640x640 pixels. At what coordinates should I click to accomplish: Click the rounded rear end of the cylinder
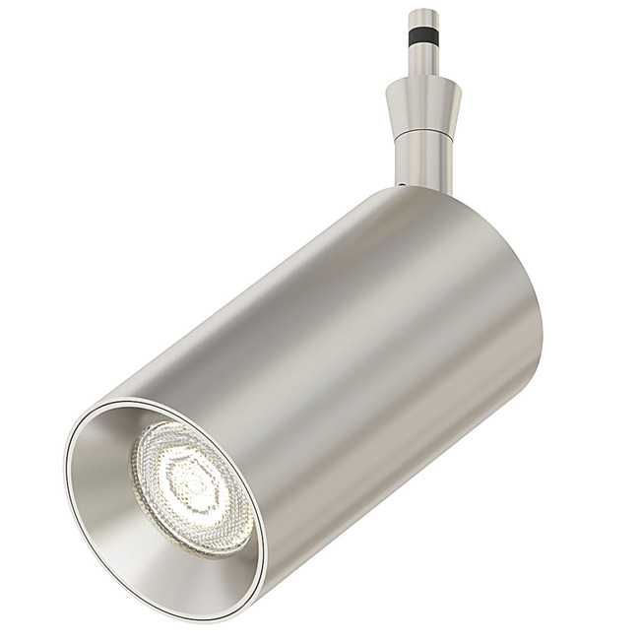point(522,256)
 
